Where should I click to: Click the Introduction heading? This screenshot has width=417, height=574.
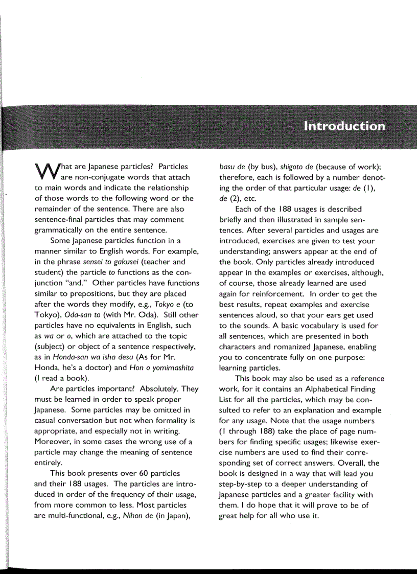pos(344,126)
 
